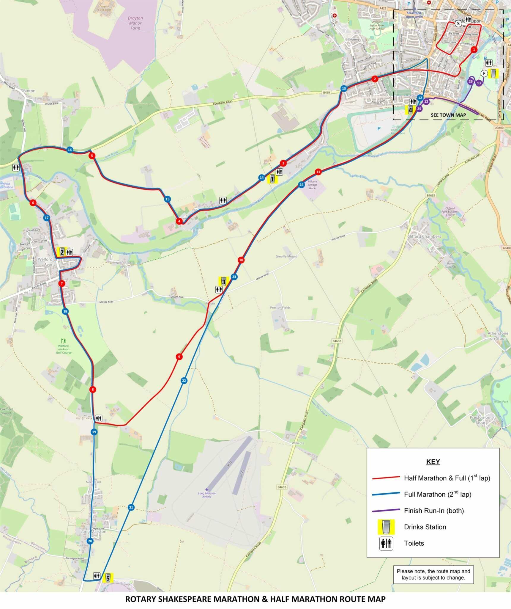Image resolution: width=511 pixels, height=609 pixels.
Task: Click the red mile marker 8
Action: [x=93, y=390]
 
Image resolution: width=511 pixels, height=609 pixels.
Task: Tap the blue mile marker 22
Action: [x=184, y=381]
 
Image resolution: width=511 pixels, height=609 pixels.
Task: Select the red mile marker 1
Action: [x=474, y=50]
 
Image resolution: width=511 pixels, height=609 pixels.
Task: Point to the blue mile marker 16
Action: [x=70, y=150]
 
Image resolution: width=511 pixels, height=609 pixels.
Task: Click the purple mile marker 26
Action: [x=470, y=81]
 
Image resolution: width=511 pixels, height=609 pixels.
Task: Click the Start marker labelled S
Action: [x=458, y=23]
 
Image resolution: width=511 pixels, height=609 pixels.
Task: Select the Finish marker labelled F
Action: [x=484, y=73]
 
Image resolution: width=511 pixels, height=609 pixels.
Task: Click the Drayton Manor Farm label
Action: [x=135, y=23]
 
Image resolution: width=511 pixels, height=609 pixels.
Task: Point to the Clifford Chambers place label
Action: [x=424, y=236]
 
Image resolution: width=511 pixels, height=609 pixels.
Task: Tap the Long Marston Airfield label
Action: [x=207, y=495]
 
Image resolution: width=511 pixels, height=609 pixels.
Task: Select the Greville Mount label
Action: [x=286, y=256]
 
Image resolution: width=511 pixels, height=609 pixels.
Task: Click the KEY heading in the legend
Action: [x=433, y=462]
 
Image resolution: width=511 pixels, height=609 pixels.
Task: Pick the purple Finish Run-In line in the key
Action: [x=386, y=511]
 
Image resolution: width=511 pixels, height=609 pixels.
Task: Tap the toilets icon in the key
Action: [x=386, y=543]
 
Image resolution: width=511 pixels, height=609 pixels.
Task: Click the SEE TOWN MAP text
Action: [x=448, y=115]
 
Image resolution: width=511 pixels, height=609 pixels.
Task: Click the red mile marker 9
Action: [x=179, y=357]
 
